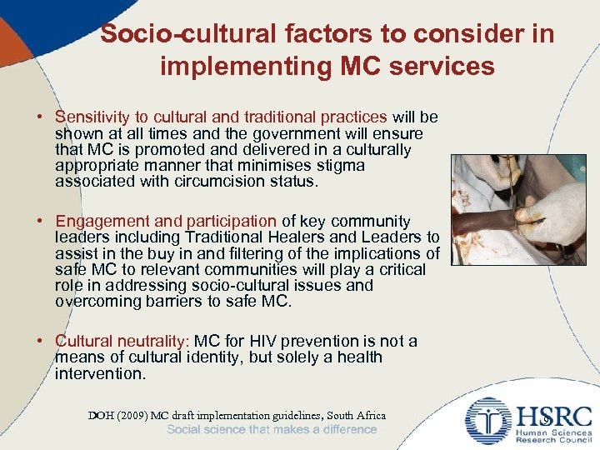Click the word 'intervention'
coord(99,373)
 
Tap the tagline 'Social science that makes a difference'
coord(272,430)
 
